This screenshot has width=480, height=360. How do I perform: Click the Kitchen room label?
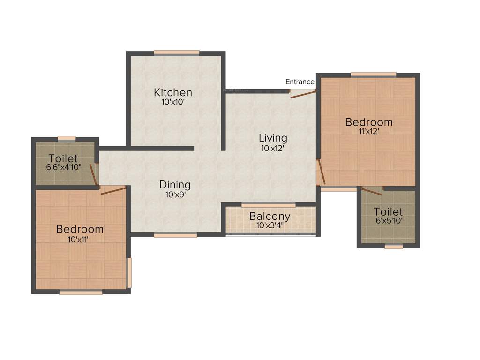(x=173, y=92)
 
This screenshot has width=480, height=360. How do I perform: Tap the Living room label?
(x=273, y=138)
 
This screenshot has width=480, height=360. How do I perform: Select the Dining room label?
(x=175, y=184)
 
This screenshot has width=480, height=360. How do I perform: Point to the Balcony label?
(x=270, y=217)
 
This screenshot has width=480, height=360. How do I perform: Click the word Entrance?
(x=300, y=82)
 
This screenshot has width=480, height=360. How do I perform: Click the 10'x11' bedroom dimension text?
(x=80, y=239)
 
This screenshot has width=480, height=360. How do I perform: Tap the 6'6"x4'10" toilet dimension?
(x=63, y=167)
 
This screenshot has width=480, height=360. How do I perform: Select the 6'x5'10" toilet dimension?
(x=388, y=221)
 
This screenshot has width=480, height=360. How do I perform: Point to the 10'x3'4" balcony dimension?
(x=270, y=225)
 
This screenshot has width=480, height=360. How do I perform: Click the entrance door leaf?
(x=302, y=94)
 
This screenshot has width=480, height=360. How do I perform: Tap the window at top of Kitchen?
(x=176, y=52)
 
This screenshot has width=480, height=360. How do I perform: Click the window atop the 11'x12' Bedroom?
(x=373, y=74)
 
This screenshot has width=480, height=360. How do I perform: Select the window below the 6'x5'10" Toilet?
(x=394, y=246)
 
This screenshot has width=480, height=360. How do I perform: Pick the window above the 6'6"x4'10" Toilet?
(x=67, y=138)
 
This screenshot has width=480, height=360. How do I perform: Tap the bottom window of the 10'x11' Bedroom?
(x=81, y=292)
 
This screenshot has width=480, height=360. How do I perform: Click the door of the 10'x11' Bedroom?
(x=113, y=190)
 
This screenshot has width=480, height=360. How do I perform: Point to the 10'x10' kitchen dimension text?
(x=173, y=101)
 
